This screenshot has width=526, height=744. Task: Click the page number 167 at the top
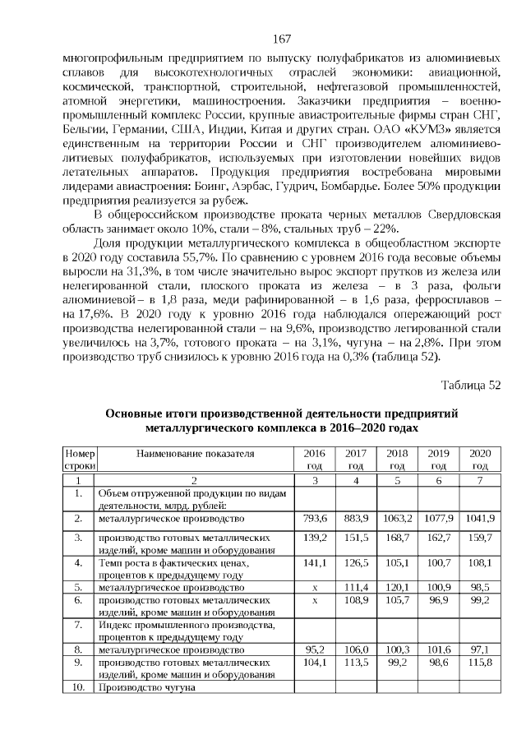pos(281,39)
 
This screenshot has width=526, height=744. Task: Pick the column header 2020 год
pos(478,459)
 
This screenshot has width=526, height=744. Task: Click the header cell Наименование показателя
pos(195,453)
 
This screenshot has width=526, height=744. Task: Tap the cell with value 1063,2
pos(396,519)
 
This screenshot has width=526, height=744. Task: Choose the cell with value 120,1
pos(396,588)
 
